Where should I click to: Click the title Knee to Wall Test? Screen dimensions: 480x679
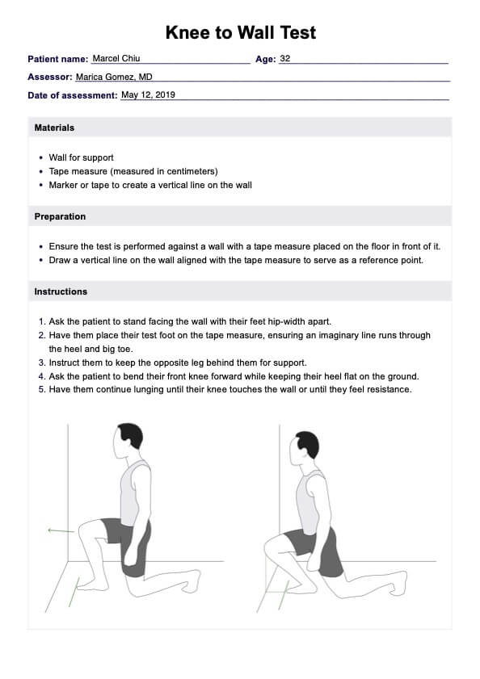click(x=241, y=32)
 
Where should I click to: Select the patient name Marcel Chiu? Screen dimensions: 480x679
click(x=116, y=58)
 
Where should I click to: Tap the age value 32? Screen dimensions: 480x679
click(x=285, y=58)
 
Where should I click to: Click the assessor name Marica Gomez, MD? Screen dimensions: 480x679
click(x=114, y=77)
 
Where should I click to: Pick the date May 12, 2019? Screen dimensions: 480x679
click(x=148, y=94)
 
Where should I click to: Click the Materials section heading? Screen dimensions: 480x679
click(x=54, y=128)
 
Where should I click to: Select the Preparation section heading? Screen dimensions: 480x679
click(x=60, y=216)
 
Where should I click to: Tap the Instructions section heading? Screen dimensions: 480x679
click(x=61, y=291)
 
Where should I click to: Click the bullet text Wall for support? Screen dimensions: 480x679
click(x=81, y=157)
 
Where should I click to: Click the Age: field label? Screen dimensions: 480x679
click(x=265, y=59)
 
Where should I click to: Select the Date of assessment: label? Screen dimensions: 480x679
click(x=73, y=95)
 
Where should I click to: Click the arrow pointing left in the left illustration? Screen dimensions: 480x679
click(x=61, y=530)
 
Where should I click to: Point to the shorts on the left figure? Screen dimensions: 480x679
click(x=128, y=543)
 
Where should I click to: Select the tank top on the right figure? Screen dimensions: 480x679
click(x=311, y=502)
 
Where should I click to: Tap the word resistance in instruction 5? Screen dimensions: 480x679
click(x=389, y=389)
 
